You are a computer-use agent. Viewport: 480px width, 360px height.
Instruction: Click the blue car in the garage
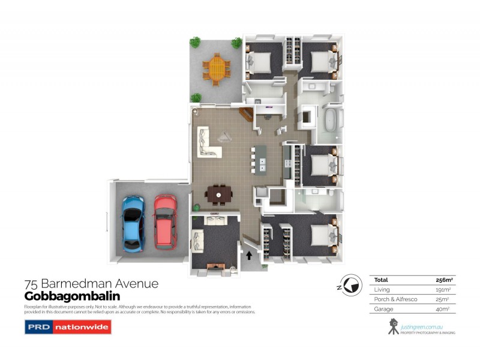[x=133, y=222]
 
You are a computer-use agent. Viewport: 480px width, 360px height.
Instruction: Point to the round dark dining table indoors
[x=218, y=194]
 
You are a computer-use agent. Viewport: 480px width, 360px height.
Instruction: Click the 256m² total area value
[x=443, y=280]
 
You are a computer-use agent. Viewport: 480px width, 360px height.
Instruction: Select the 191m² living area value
[x=445, y=289]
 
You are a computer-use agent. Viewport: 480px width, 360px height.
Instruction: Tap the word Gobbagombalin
[x=72, y=296]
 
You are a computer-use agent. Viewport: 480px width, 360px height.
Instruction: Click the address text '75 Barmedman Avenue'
[x=91, y=284]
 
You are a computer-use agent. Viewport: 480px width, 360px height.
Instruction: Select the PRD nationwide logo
[x=68, y=327]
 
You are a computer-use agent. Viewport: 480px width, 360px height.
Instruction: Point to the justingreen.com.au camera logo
[x=394, y=326]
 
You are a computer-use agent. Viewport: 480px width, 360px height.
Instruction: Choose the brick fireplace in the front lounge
[x=215, y=265]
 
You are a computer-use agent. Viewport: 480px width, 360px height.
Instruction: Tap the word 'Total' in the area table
[x=381, y=280]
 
